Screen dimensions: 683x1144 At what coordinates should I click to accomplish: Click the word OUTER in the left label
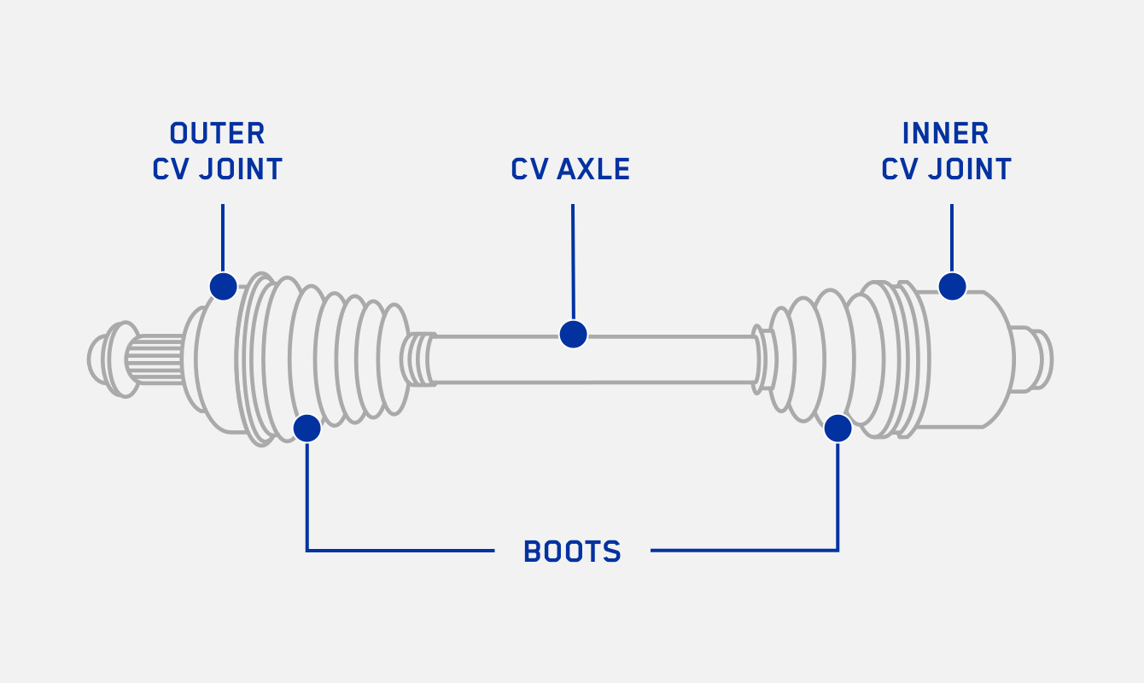[x=217, y=133]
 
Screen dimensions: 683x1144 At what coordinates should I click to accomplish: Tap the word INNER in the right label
[x=945, y=133]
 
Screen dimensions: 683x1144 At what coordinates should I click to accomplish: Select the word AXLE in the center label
[x=593, y=169]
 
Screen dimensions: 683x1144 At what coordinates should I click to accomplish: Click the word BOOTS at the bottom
[x=572, y=552]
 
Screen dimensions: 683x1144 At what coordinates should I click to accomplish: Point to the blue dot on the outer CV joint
[x=223, y=286]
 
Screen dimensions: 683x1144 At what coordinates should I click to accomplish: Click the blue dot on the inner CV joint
[x=952, y=286]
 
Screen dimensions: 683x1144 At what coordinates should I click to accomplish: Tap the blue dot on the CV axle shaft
[x=573, y=334]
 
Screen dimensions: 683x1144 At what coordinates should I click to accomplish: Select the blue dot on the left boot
[x=306, y=428]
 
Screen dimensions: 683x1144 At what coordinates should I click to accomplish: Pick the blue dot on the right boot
[x=838, y=428]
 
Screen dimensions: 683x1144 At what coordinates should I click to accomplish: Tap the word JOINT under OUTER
[x=240, y=169]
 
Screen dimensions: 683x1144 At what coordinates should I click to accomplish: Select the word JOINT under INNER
[x=969, y=169]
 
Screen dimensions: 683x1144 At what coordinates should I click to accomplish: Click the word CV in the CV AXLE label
[x=529, y=169]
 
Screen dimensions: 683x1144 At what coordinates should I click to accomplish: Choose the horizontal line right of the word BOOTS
[x=743, y=551]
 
